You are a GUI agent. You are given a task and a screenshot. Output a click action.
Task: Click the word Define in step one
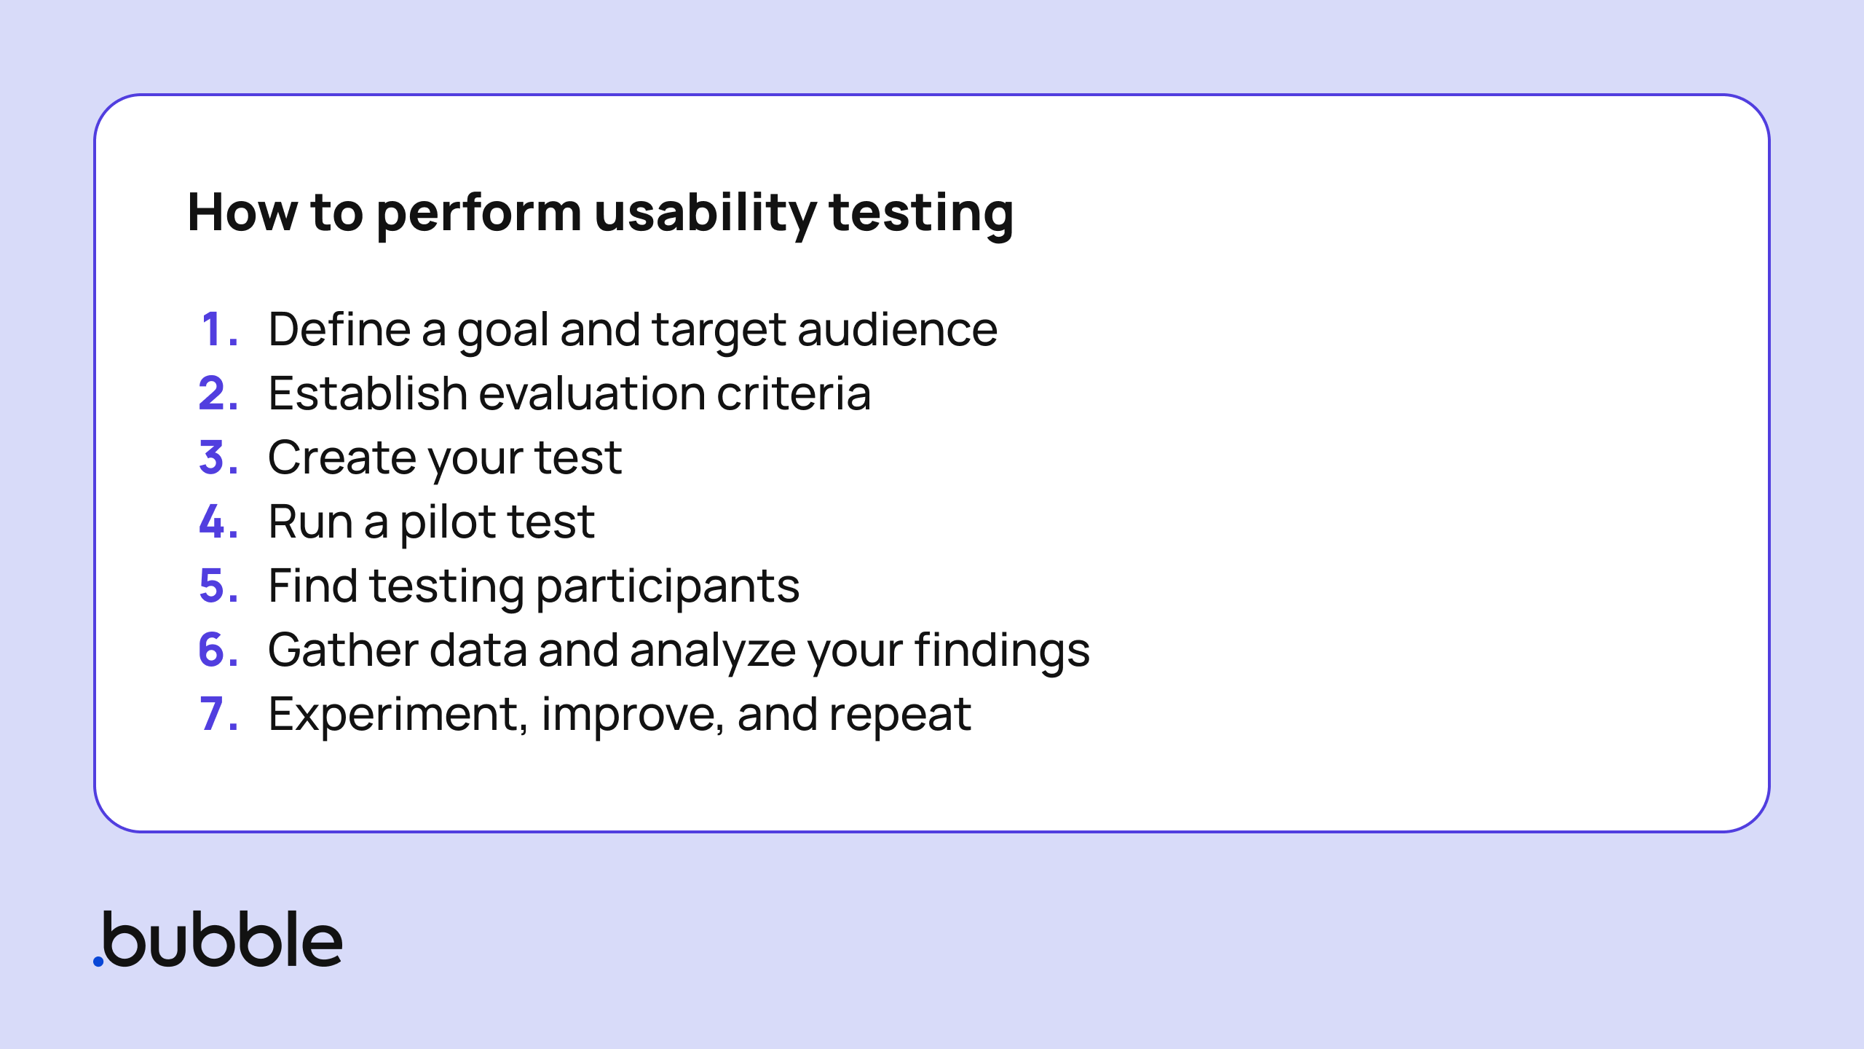pyautogui.click(x=339, y=329)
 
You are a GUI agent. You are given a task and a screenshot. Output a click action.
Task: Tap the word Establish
pyautogui.click(x=367, y=393)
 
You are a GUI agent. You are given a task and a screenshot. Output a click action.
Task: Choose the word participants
pyautogui.click(x=667, y=587)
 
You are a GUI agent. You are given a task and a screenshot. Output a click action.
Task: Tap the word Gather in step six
pyautogui.click(x=342, y=650)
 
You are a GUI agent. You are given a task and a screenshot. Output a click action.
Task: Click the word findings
pyautogui.click(x=1002, y=650)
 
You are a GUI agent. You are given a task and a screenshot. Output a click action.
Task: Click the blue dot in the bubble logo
pyautogui.click(x=98, y=962)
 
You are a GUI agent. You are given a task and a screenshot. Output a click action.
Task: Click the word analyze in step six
pyautogui.click(x=712, y=650)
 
